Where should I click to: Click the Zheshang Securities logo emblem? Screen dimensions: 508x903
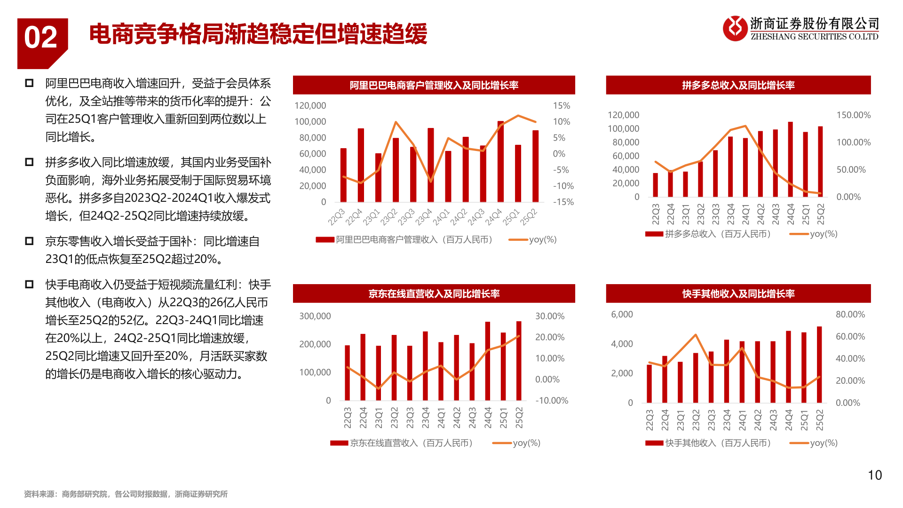click(735, 28)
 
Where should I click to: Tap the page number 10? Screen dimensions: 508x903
click(874, 475)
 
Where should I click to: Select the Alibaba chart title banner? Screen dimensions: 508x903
click(434, 85)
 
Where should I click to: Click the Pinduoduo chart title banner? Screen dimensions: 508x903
click(738, 85)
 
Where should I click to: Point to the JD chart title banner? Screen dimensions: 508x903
click(434, 294)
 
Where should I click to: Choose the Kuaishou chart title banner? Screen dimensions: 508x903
click(738, 294)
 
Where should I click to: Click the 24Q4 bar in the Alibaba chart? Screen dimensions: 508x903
click(500, 162)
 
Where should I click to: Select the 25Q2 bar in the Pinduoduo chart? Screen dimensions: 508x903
click(820, 162)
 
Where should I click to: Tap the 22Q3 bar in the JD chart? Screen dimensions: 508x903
click(348, 373)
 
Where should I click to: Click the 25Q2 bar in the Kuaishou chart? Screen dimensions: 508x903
click(819, 365)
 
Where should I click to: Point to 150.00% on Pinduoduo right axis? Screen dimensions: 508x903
click(853, 115)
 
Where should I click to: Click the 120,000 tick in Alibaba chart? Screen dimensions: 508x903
click(310, 106)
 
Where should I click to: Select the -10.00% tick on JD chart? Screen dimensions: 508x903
click(551, 401)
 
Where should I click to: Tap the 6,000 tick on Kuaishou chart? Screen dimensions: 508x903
click(622, 315)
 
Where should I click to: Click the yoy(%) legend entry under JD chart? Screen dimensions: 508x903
click(526, 443)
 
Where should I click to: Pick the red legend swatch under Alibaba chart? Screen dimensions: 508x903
click(325, 240)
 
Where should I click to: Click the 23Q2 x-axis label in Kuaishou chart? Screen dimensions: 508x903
click(696, 420)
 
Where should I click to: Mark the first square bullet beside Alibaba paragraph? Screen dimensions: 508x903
click(29, 83)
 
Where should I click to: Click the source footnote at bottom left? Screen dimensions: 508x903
click(126, 494)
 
